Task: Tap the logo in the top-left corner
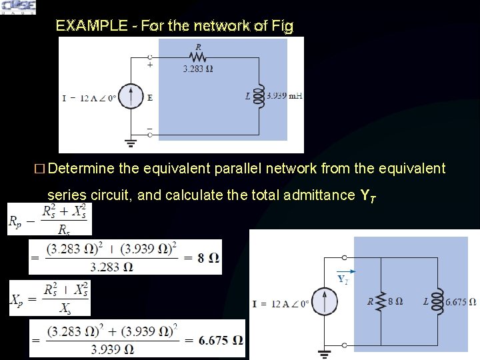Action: tap(18, 7)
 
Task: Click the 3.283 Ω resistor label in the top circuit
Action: tap(198, 68)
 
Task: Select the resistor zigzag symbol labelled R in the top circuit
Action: tap(198, 58)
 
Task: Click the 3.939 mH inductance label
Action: tap(284, 96)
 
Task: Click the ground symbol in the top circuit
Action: tap(132, 142)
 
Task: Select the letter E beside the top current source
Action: tap(150, 97)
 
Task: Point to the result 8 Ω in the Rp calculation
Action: tap(209, 258)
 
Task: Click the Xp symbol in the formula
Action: tap(17, 299)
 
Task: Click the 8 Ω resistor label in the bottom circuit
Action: tap(395, 301)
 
